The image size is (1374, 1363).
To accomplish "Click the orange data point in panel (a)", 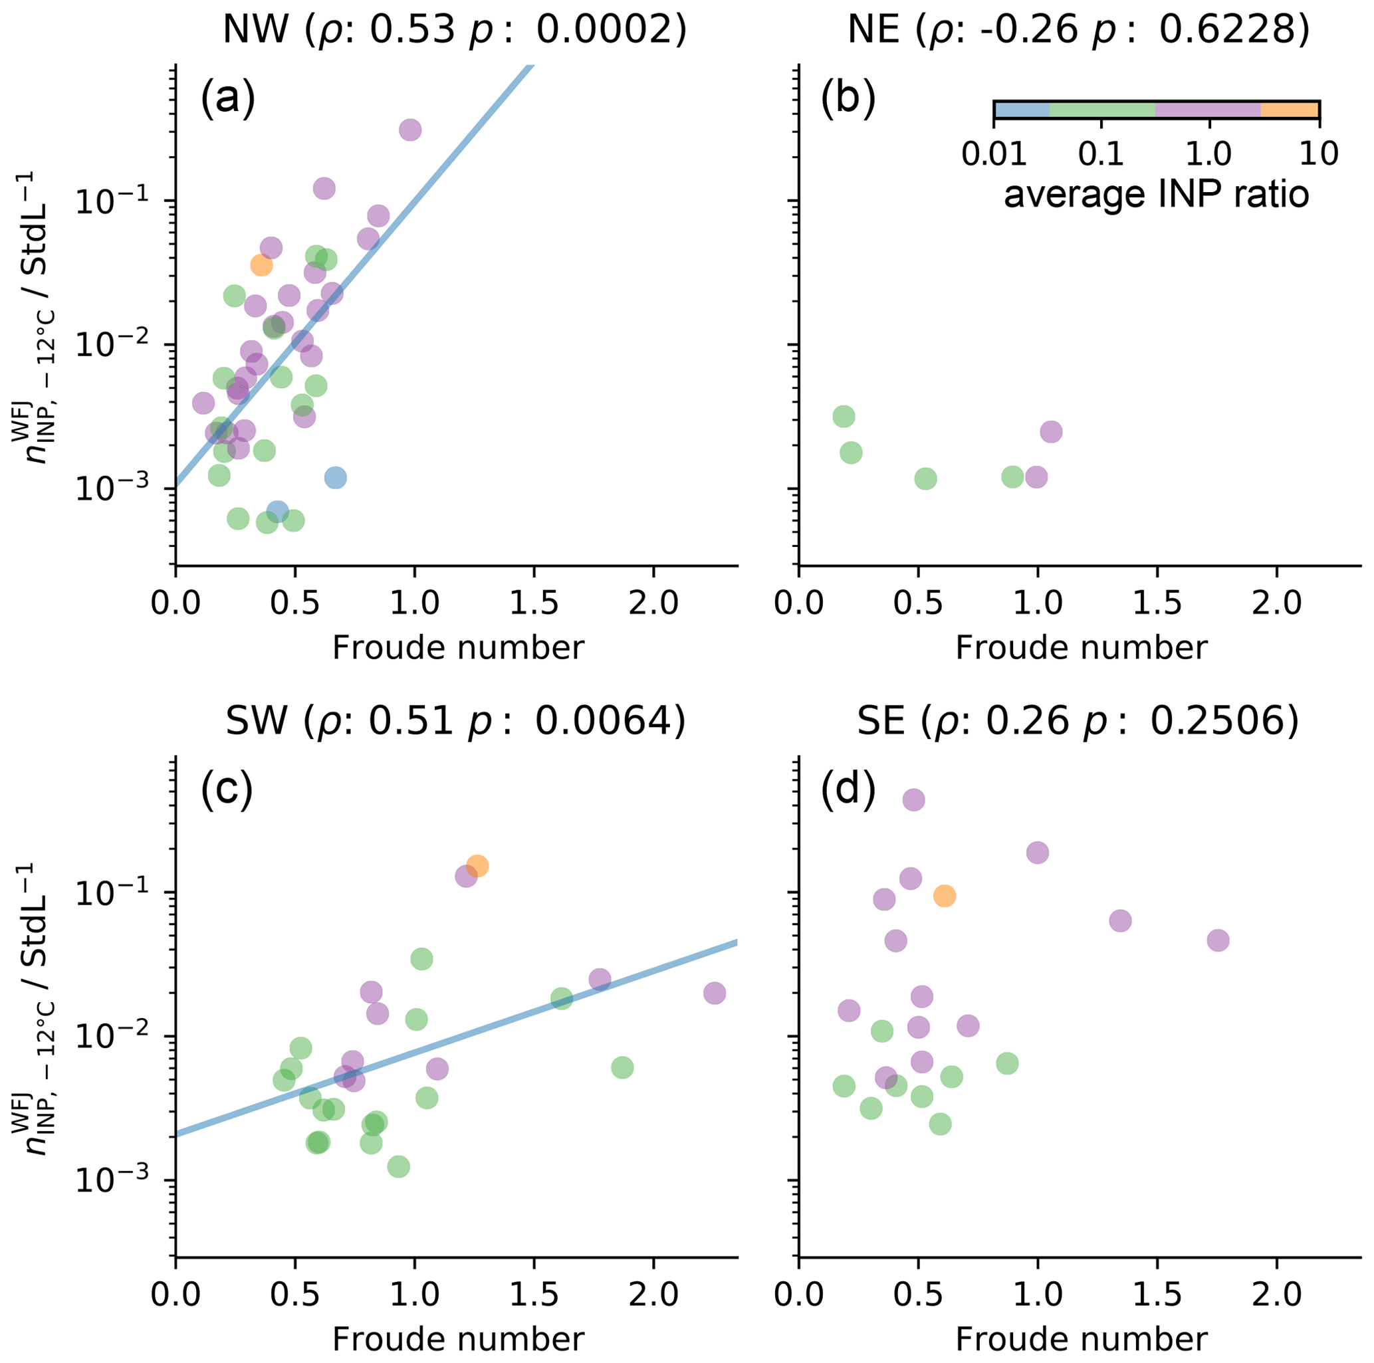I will pos(261,265).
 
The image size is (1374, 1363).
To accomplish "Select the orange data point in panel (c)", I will pos(477,866).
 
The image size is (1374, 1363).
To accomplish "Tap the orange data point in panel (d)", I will pos(944,896).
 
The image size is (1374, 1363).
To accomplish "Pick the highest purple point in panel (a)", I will pos(409,130).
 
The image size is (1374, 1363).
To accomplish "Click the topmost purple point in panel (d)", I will pos(914,800).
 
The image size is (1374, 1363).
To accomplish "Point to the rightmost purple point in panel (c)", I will pos(714,994).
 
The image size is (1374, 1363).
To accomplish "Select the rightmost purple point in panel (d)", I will pos(1218,940).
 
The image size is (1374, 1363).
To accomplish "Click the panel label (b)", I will pos(848,100).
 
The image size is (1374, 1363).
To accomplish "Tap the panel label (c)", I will pos(227,791).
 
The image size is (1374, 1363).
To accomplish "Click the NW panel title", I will pos(455,30).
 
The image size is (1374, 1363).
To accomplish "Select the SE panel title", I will pos(1078,722).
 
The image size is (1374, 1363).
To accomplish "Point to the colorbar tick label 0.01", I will pos(994,154).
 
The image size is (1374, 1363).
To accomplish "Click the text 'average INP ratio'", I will pos(1157,194).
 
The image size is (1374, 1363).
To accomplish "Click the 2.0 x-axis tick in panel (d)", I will pos(1276,1295).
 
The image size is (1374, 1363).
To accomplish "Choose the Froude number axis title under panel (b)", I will pos(1081,648).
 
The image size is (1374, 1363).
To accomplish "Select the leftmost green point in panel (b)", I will pos(844,417).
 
